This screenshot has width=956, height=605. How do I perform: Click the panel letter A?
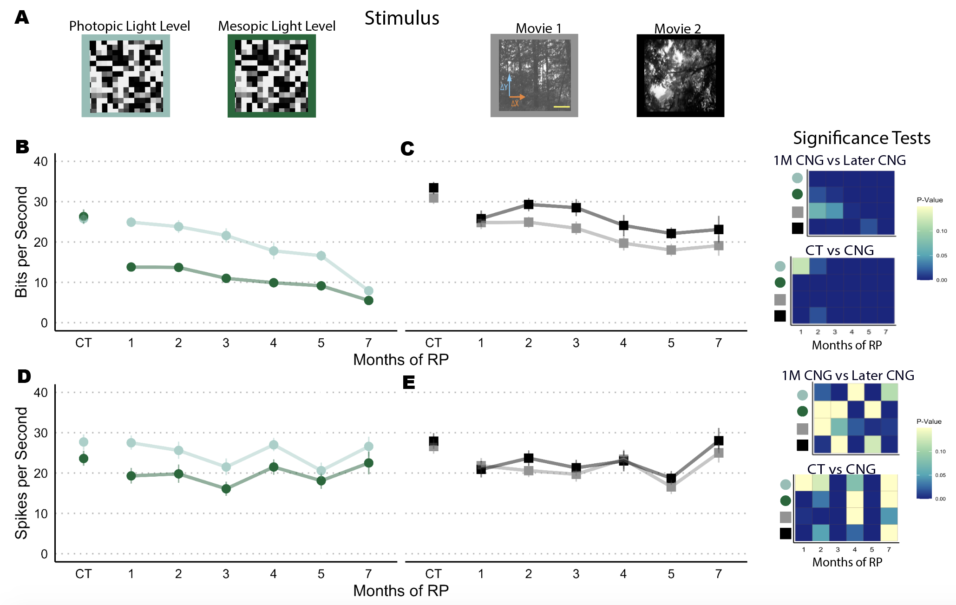click(22, 18)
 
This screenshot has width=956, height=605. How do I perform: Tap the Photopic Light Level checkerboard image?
click(126, 76)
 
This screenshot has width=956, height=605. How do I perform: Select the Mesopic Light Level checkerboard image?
click(272, 76)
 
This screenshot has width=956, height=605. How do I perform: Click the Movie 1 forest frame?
click(534, 75)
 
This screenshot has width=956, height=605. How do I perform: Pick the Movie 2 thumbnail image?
click(680, 75)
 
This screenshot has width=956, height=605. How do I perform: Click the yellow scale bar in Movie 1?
click(562, 107)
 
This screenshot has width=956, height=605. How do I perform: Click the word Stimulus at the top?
click(402, 18)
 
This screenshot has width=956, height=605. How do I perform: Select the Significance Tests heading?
click(861, 138)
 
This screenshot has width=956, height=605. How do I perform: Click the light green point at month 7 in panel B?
click(368, 291)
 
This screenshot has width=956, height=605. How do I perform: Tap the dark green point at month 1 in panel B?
click(131, 267)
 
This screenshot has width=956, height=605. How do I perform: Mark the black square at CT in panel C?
click(433, 188)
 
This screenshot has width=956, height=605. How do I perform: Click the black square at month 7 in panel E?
click(719, 441)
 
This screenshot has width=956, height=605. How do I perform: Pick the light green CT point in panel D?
click(84, 442)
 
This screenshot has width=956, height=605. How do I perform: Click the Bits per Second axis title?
click(21, 242)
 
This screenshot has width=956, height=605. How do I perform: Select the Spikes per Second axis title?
click(21, 473)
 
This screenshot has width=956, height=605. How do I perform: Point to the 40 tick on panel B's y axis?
click(41, 162)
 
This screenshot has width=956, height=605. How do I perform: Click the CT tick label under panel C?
click(433, 343)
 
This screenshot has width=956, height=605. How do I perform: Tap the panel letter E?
click(409, 383)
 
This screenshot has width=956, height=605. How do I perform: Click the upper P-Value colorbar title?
click(930, 200)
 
